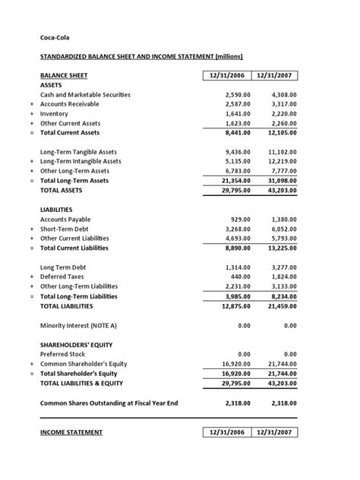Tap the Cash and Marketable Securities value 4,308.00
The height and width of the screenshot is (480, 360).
point(283,94)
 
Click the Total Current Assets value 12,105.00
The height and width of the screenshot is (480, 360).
point(280,132)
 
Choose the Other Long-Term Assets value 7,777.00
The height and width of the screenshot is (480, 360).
point(283,171)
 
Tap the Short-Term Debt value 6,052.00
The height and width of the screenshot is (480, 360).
point(283,229)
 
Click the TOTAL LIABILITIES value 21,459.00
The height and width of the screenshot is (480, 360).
point(280,306)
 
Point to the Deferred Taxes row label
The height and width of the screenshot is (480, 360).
point(64,277)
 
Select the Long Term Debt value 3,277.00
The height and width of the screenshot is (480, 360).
point(283,267)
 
